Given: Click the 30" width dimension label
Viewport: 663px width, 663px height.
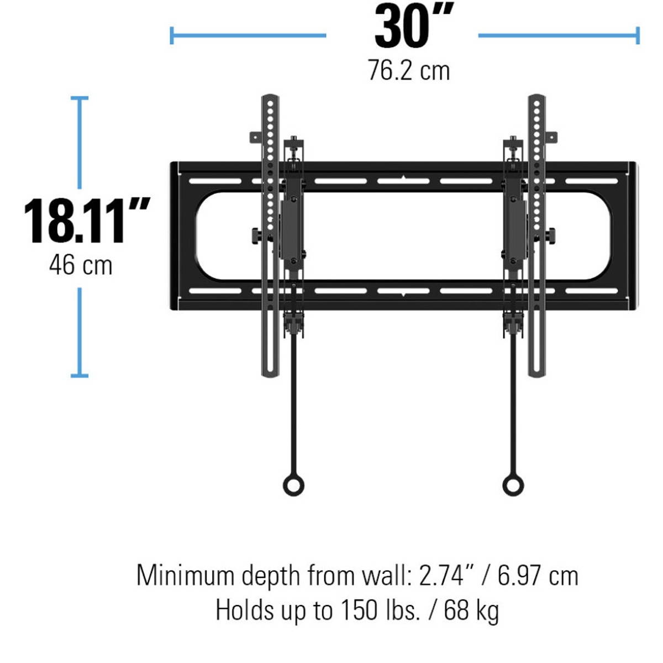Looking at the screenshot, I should point(413,27).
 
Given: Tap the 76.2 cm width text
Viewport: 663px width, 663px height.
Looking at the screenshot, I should point(409,71).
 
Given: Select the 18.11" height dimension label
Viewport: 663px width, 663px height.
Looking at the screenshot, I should point(86,221).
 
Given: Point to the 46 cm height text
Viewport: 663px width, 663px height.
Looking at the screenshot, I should point(81,265).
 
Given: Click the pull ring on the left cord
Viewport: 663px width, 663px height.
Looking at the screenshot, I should point(293,485).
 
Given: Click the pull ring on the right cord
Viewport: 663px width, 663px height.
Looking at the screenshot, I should point(513,485).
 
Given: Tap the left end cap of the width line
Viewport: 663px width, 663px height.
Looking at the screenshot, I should point(172,36).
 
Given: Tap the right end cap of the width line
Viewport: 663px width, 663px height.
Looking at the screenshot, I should point(638,36).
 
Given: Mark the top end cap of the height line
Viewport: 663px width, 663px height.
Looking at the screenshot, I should point(80,98).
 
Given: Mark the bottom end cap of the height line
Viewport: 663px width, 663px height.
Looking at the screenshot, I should point(80,376).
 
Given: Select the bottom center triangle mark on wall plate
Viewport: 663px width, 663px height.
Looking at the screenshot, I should point(404,294).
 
